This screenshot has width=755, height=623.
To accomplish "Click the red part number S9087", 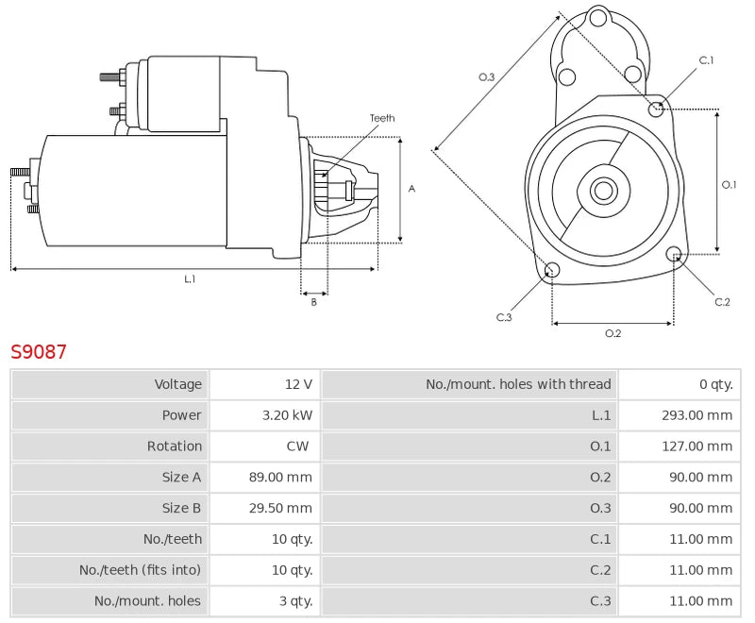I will click(39, 352).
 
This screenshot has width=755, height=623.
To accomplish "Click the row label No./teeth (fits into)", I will click(141, 570).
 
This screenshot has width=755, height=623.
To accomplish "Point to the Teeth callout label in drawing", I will click(382, 119).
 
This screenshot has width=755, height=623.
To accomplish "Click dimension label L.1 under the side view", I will click(190, 279).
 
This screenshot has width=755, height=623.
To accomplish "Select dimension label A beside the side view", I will click(411, 189).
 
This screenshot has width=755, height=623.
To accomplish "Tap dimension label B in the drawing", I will click(314, 302).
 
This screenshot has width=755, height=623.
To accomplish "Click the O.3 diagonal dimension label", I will click(487, 77).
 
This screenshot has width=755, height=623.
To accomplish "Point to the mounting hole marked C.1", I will click(657, 109).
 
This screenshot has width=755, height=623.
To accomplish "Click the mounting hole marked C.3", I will click(553, 272).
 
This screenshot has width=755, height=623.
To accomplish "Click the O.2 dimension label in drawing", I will click(612, 333).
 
